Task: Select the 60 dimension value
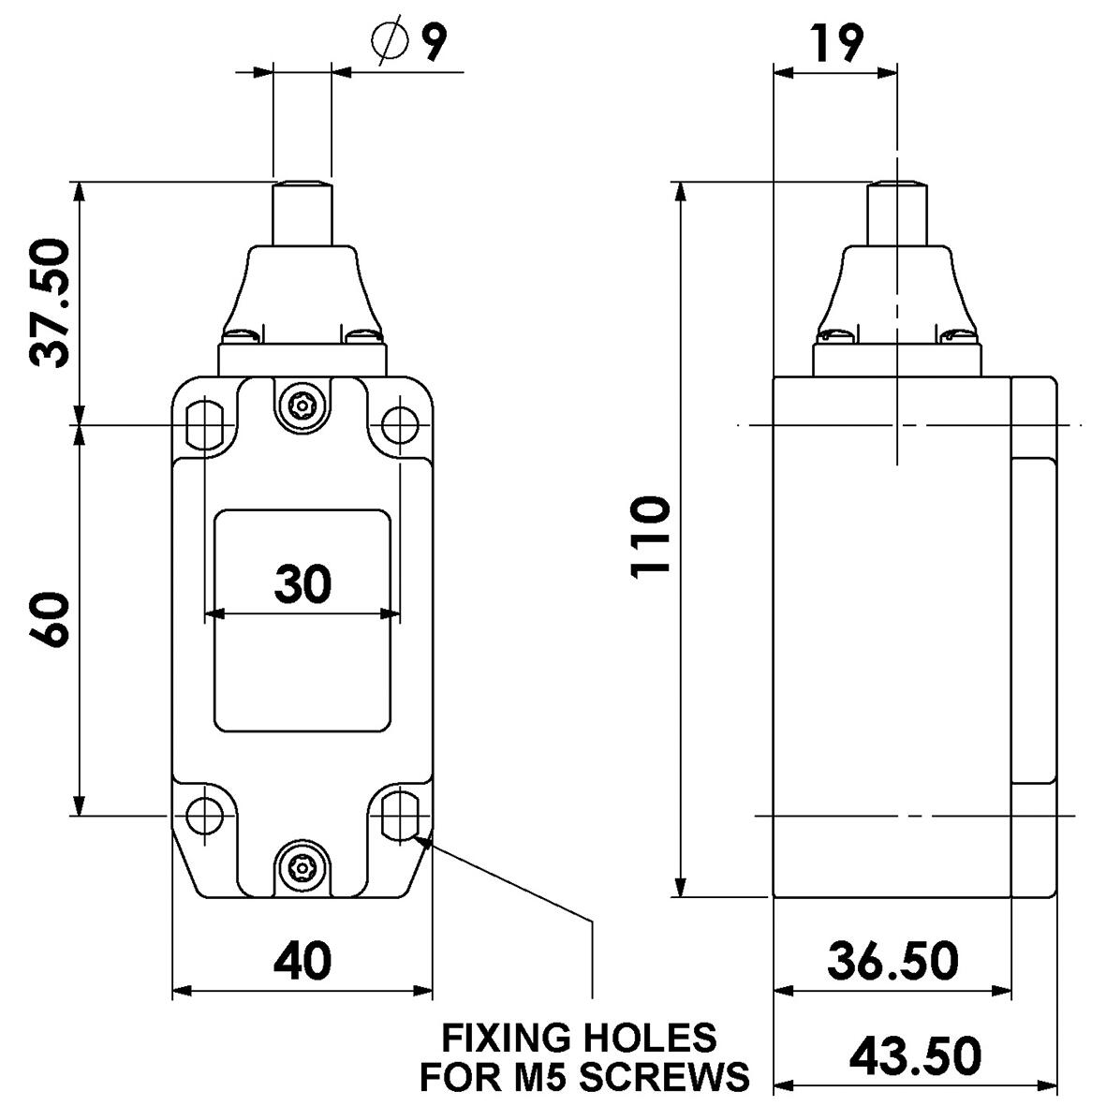(x=50, y=619)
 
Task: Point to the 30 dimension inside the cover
(x=302, y=583)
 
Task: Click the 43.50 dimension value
(x=915, y=1055)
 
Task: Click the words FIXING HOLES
(x=579, y=1038)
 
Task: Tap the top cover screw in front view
(x=302, y=404)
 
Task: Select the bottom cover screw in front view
(x=302, y=865)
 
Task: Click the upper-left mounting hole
(x=203, y=425)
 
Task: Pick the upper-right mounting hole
(x=400, y=425)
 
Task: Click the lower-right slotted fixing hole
(x=400, y=815)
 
